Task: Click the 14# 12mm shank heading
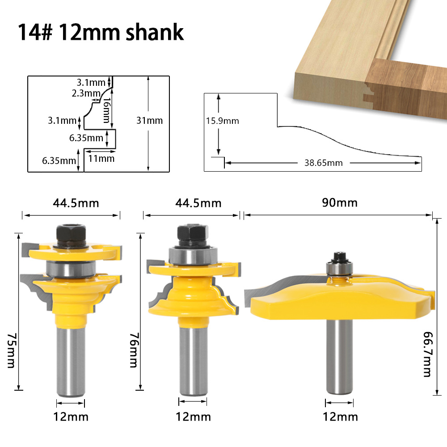pyautogui.click(x=101, y=32)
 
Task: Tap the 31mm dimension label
pyautogui.click(x=150, y=120)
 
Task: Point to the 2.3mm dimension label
pyautogui.click(x=86, y=93)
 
